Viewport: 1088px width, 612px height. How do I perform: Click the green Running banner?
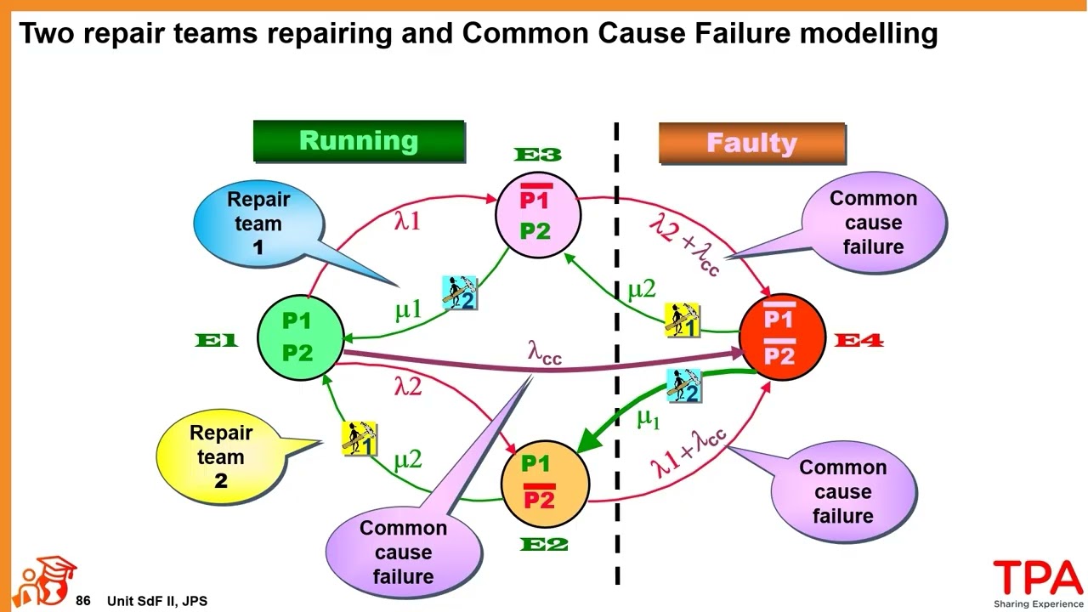point(359,141)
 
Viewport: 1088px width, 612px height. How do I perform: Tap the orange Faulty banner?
point(751,143)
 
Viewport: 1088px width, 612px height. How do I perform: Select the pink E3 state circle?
point(537,215)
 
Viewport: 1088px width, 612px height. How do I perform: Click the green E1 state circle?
point(299,337)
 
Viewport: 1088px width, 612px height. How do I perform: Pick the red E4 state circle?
point(781,337)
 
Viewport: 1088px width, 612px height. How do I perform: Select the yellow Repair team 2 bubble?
point(222,456)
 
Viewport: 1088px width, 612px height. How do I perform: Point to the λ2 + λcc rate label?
point(685,243)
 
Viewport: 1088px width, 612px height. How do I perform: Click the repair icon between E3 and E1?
point(459,292)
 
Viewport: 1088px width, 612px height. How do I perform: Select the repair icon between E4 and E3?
point(682,320)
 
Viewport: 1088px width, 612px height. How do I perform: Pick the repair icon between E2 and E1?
point(359,438)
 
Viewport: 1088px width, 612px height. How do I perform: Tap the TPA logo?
point(1038,580)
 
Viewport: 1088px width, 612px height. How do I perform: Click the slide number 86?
point(82,601)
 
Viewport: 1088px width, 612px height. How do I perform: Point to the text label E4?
point(859,341)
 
